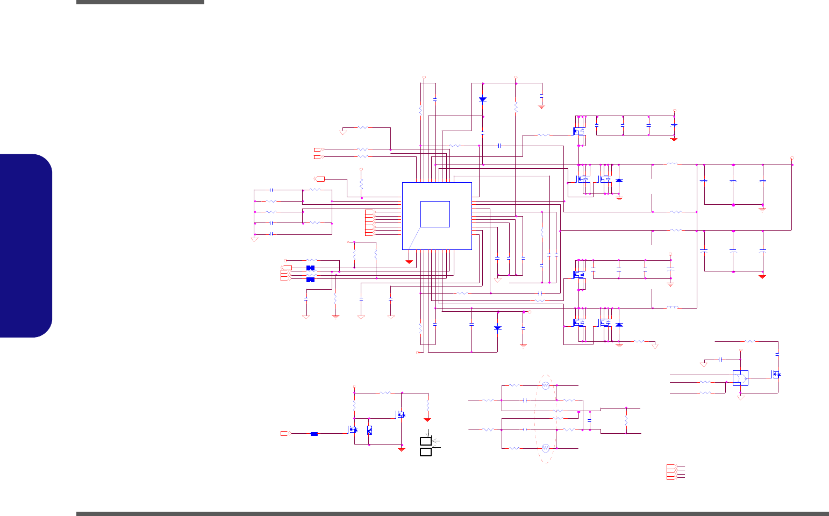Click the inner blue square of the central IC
[x=435, y=214]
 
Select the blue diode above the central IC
[x=483, y=99]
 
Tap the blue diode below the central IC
[x=497, y=328]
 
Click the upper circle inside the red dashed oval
[x=545, y=385]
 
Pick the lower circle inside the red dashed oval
[x=545, y=448]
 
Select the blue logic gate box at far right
[x=740, y=378]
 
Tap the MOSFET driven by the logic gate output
[x=776, y=374]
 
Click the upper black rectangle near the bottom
[x=426, y=441]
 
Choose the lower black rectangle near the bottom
[x=426, y=452]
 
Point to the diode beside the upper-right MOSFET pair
[x=619, y=181]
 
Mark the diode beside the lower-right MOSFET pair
[x=619, y=325]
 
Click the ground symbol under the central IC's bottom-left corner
[x=409, y=262]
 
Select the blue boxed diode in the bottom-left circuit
[x=369, y=430]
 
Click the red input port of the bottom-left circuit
[x=285, y=433]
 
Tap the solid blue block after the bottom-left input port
[x=314, y=434]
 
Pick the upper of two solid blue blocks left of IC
[x=310, y=268]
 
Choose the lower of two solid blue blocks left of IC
[x=310, y=279]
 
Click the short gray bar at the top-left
[x=140, y=2]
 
